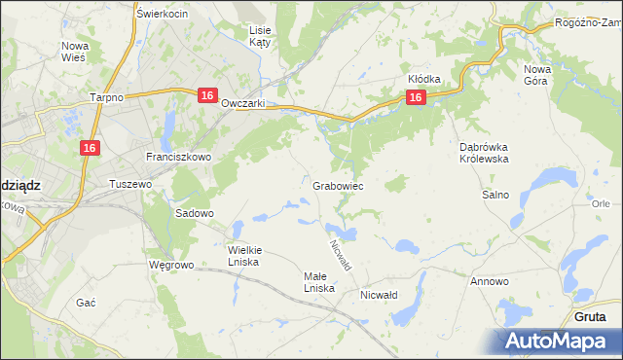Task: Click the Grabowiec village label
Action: click(x=339, y=185)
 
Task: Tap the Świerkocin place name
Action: click(x=162, y=14)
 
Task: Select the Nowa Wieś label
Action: click(x=74, y=52)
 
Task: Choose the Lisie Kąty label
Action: click(x=260, y=37)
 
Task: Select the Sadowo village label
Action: click(x=194, y=213)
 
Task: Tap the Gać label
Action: click(x=86, y=303)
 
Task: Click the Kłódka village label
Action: click(x=424, y=79)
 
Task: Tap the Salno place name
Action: click(x=495, y=195)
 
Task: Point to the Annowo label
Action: click(x=490, y=281)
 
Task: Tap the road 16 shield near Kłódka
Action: click(x=416, y=97)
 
